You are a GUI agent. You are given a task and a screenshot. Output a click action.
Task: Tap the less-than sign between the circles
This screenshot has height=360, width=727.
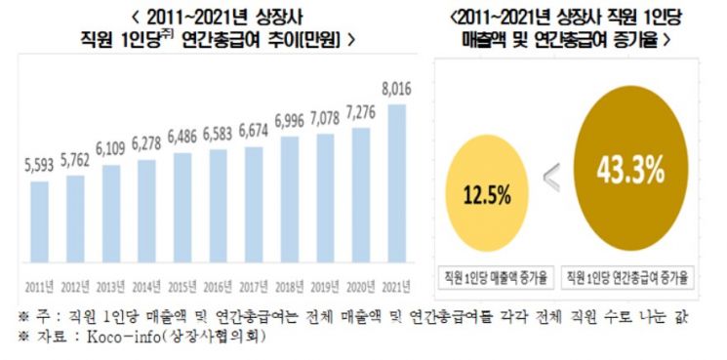pos(552,178)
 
